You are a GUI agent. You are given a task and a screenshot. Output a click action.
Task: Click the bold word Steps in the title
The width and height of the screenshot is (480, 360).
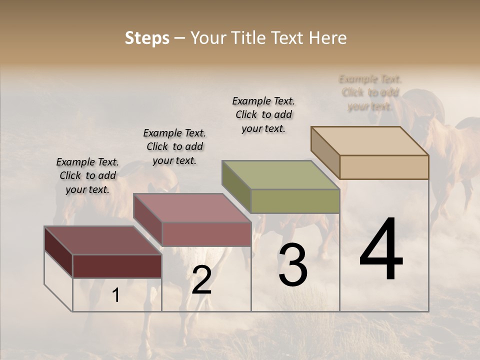tap(147, 38)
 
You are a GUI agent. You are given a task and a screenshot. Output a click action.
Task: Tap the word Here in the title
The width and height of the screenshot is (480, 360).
tap(328, 38)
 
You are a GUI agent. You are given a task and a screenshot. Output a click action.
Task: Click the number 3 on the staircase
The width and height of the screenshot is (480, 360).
tap(292, 265)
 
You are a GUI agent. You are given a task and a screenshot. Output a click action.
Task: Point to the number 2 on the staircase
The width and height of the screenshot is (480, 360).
tap(201, 280)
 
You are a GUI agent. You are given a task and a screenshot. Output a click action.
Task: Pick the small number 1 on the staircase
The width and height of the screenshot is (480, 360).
tap(116, 295)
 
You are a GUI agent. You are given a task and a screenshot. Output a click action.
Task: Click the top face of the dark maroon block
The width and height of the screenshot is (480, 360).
tap(103, 240)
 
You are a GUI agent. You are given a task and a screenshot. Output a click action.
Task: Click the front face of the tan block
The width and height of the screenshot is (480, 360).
tap(384, 167)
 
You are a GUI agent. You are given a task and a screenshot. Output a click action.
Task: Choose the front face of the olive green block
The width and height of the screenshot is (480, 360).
tap(295, 201)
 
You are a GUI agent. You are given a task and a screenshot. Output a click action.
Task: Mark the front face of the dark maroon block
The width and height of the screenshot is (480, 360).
tap(117, 266)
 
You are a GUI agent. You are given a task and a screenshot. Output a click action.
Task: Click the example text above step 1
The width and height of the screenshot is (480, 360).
tap(87, 175)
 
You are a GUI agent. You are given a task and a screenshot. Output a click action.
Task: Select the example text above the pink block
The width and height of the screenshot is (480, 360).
tap(174, 146)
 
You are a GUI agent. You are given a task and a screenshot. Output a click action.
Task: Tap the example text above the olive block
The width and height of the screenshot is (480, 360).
tap(263, 114)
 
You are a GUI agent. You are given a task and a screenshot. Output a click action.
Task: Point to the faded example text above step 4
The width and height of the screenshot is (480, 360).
tap(370, 92)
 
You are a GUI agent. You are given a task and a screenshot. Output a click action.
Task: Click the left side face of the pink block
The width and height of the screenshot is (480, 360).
tap(148, 219)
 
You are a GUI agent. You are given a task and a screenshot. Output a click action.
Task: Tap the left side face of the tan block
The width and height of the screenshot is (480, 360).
tap(325, 152)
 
